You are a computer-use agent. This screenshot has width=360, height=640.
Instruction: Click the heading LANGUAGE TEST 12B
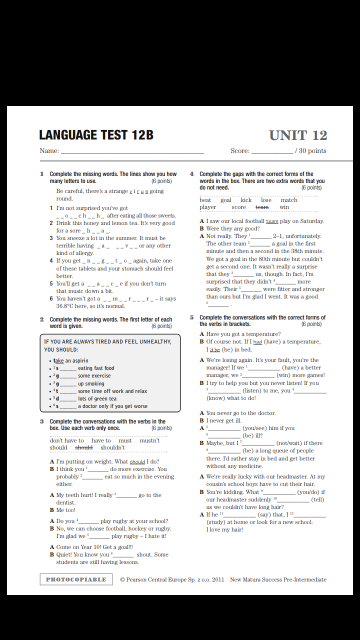96,135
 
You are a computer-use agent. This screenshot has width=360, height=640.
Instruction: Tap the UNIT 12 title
298,135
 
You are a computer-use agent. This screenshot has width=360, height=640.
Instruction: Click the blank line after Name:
132,151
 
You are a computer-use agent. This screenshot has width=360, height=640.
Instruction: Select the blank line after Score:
272,151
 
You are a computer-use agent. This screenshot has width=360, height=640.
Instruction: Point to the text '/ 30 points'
310,151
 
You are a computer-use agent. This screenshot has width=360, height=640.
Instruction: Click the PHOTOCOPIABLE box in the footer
76,579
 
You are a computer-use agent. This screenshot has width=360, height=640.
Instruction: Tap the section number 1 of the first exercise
42,174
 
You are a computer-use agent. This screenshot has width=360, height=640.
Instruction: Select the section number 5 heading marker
192,317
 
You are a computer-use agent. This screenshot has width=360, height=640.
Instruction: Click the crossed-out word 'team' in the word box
262,207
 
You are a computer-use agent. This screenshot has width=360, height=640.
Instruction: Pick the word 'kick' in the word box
246,200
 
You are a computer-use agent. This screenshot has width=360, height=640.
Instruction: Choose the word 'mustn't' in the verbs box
149,440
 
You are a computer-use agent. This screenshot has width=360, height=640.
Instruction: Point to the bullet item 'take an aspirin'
71,360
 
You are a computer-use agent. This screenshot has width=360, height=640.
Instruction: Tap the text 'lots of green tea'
97,398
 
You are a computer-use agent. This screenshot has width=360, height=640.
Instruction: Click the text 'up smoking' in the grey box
91,383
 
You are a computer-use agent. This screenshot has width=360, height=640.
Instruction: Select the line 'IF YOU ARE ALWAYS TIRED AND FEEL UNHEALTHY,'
107,342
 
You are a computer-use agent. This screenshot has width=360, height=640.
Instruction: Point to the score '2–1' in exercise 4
278,236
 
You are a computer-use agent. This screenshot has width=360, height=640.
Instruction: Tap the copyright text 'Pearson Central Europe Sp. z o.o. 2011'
172,579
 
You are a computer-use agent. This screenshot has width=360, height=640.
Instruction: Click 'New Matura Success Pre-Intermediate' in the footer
278,579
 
